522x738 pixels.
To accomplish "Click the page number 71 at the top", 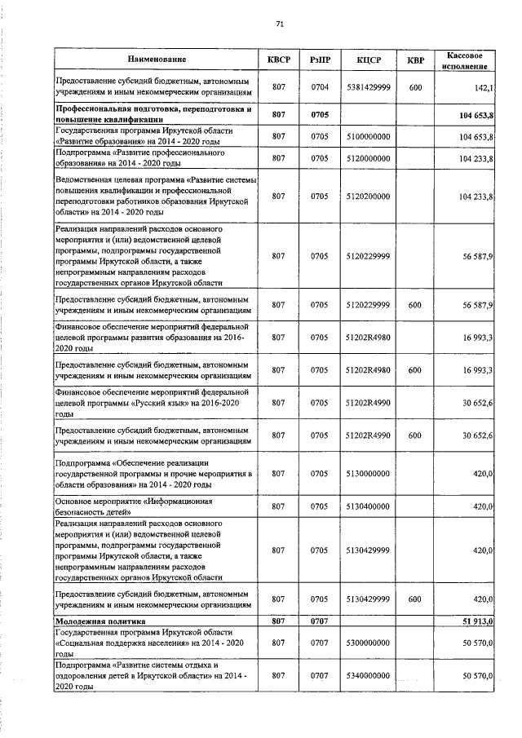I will (279, 24).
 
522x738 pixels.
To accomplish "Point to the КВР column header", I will (415, 60).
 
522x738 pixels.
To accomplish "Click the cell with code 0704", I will (319, 87).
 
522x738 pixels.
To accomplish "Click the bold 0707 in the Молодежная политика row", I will (319, 622).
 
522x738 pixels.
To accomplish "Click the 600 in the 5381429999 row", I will (415, 87).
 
